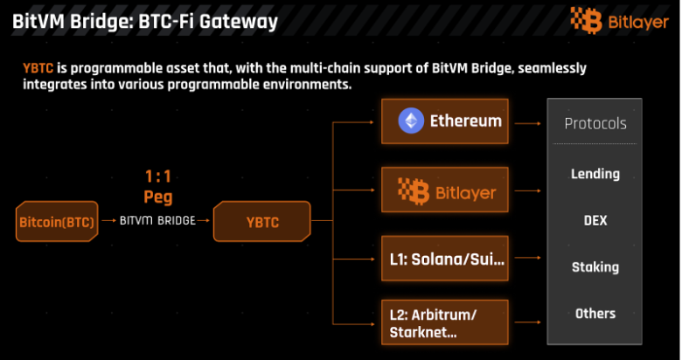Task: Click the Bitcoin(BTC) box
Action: point(57,223)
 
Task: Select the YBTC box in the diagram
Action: point(262,222)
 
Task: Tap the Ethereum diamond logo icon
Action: point(411,121)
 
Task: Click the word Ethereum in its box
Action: point(465,121)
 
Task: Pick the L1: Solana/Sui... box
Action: point(445,260)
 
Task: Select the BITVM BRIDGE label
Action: point(157,221)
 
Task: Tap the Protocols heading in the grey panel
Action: point(595,123)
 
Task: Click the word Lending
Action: point(595,174)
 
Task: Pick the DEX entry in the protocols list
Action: point(595,220)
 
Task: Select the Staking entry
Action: point(595,267)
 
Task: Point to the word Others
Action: point(595,313)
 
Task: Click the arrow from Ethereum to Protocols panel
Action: point(528,123)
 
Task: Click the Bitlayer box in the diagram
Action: point(445,190)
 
